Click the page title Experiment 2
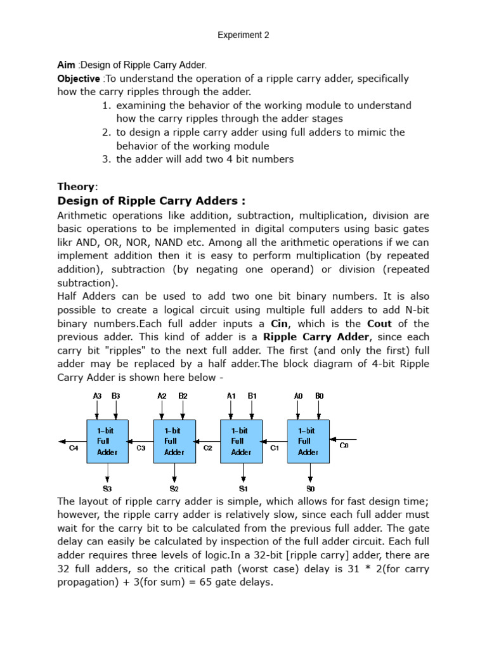pyautogui.click(x=243, y=35)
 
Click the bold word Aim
pyautogui.click(x=66, y=65)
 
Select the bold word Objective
pyautogui.click(x=79, y=79)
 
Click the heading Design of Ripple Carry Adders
pyautogui.click(x=152, y=201)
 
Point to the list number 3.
pyautogui.click(x=106, y=159)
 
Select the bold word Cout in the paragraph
pyautogui.click(x=382, y=323)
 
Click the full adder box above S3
pyautogui.click(x=107, y=441)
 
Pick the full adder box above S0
pyautogui.click(x=308, y=441)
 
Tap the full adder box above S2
pyautogui.click(x=174, y=441)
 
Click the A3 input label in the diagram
pyautogui.click(x=98, y=395)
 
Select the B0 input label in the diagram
pyautogui.click(x=319, y=395)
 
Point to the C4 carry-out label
pyautogui.click(x=74, y=448)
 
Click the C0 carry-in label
pyautogui.click(x=344, y=446)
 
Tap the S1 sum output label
pyautogui.click(x=243, y=489)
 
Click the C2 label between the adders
pyautogui.click(x=207, y=448)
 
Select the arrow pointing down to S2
pyautogui.click(x=174, y=472)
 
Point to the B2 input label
pyautogui.click(x=183, y=395)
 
